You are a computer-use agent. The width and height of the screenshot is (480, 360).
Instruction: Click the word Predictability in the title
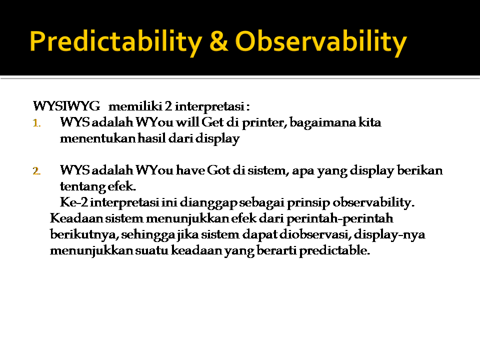point(116,42)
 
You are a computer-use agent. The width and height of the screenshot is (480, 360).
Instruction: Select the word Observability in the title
point(321,42)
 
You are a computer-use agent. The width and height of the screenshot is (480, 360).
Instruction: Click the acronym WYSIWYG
point(66,106)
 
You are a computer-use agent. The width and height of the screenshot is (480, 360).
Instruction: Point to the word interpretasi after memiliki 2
point(209,106)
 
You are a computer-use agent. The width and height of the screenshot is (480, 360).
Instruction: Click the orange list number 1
point(36,123)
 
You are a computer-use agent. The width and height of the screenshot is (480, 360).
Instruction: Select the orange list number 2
point(36,171)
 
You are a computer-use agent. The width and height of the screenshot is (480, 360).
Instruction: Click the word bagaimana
point(322,123)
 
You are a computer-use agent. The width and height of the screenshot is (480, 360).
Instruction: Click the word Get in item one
point(213,122)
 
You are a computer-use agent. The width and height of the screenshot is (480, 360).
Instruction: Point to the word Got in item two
point(218,170)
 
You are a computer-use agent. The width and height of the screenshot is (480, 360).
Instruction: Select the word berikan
point(419,170)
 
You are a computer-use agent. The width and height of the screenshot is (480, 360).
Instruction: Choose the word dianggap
point(208,202)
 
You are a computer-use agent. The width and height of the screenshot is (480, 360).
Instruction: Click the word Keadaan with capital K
point(76,218)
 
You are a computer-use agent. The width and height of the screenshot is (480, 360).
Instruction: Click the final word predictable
point(334,250)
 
